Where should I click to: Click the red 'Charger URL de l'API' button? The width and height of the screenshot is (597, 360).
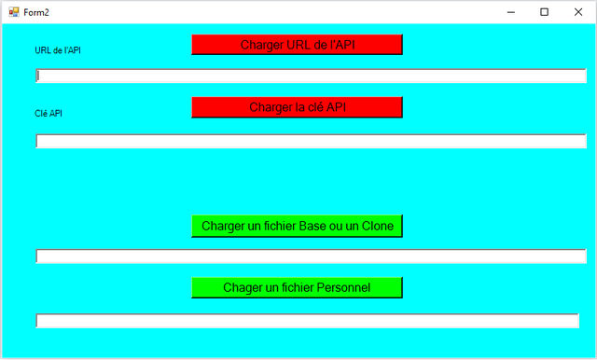tap(297, 45)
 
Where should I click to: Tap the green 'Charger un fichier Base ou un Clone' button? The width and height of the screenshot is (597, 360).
tap(297, 226)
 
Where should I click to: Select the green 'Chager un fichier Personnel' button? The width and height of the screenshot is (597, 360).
tap(297, 287)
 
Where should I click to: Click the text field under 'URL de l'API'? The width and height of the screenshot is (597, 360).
tap(311, 76)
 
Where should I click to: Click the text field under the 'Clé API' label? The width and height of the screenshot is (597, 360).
tap(311, 141)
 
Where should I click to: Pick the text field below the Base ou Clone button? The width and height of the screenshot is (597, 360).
tap(311, 256)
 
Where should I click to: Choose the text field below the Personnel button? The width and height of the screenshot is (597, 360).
tap(307, 321)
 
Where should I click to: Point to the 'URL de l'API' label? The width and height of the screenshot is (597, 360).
tap(58, 50)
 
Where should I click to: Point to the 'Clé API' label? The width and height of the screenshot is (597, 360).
tap(49, 114)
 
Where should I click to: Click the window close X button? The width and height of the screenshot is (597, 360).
tap(578, 12)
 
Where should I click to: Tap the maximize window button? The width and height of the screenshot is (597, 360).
tap(545, 12)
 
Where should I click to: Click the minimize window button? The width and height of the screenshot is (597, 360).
tap(511, 12)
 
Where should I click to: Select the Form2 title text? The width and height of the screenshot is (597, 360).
tap(36, 12)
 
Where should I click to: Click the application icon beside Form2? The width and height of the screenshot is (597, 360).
tap(14, 12)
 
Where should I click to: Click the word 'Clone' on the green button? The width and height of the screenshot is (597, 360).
tap(378, 226)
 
